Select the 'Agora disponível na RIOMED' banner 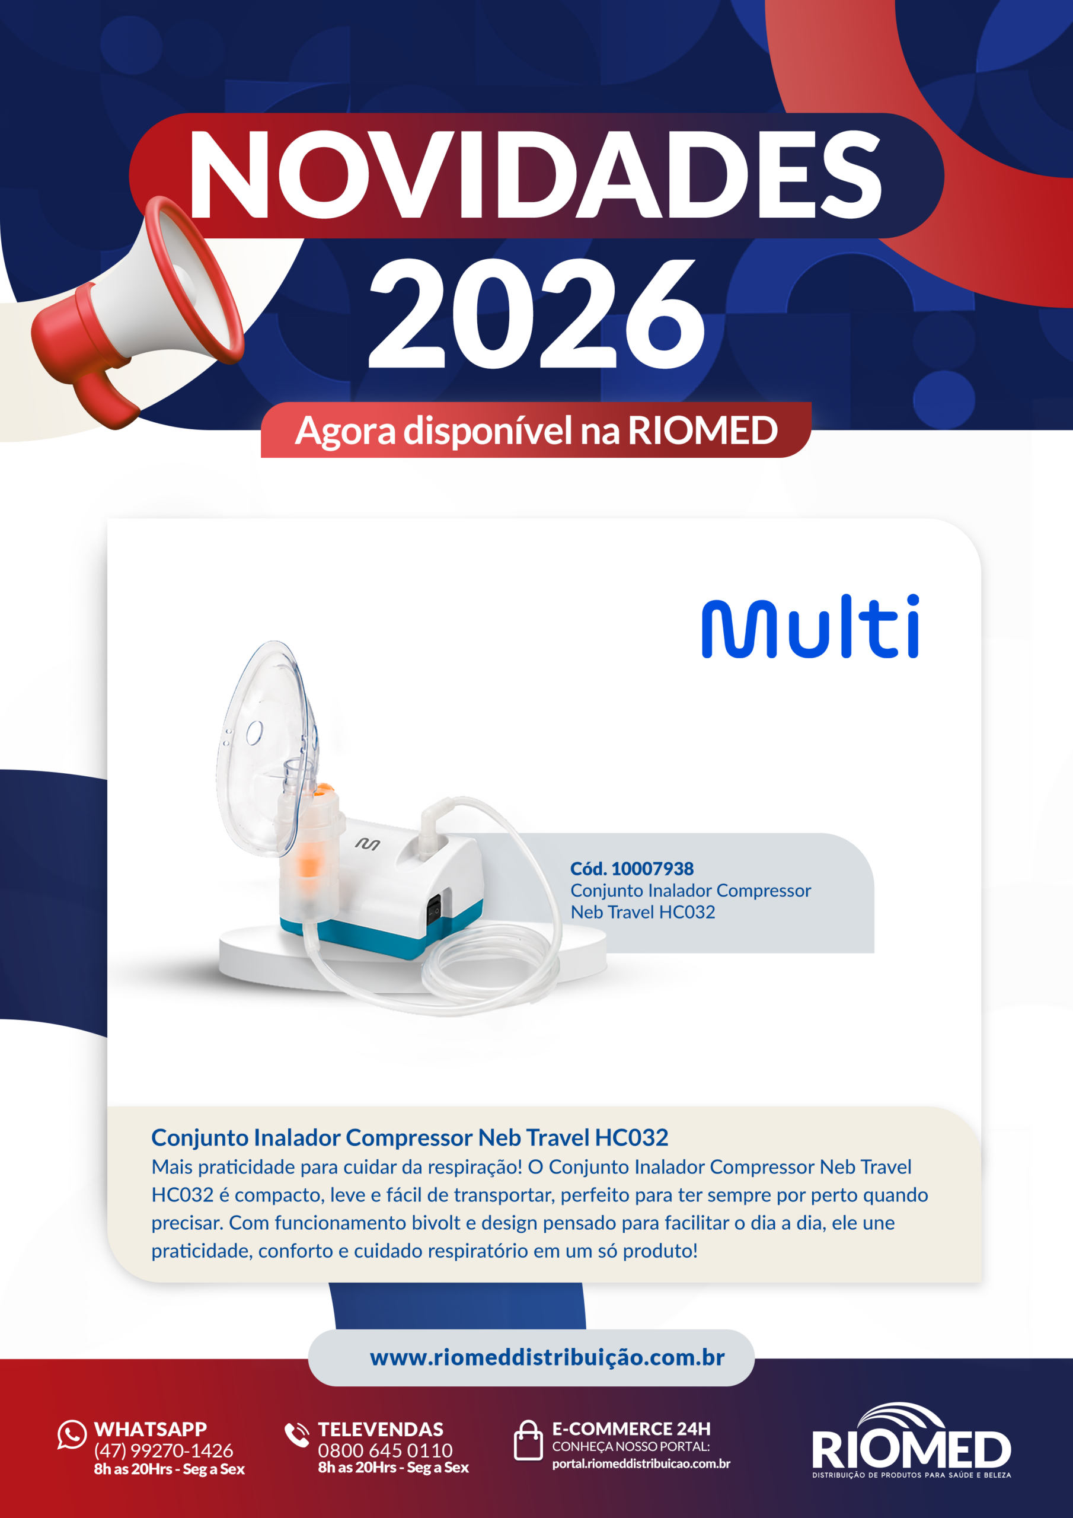pos(536,430)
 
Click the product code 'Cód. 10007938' pos(632,868)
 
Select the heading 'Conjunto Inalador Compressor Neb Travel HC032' pos(410,1137)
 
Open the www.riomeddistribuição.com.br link pos(547,1357)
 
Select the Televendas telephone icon pos(297,1434)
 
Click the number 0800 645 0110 pos(385,1450)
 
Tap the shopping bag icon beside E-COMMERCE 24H pos(528,1439)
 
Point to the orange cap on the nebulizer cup pos(322,789)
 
